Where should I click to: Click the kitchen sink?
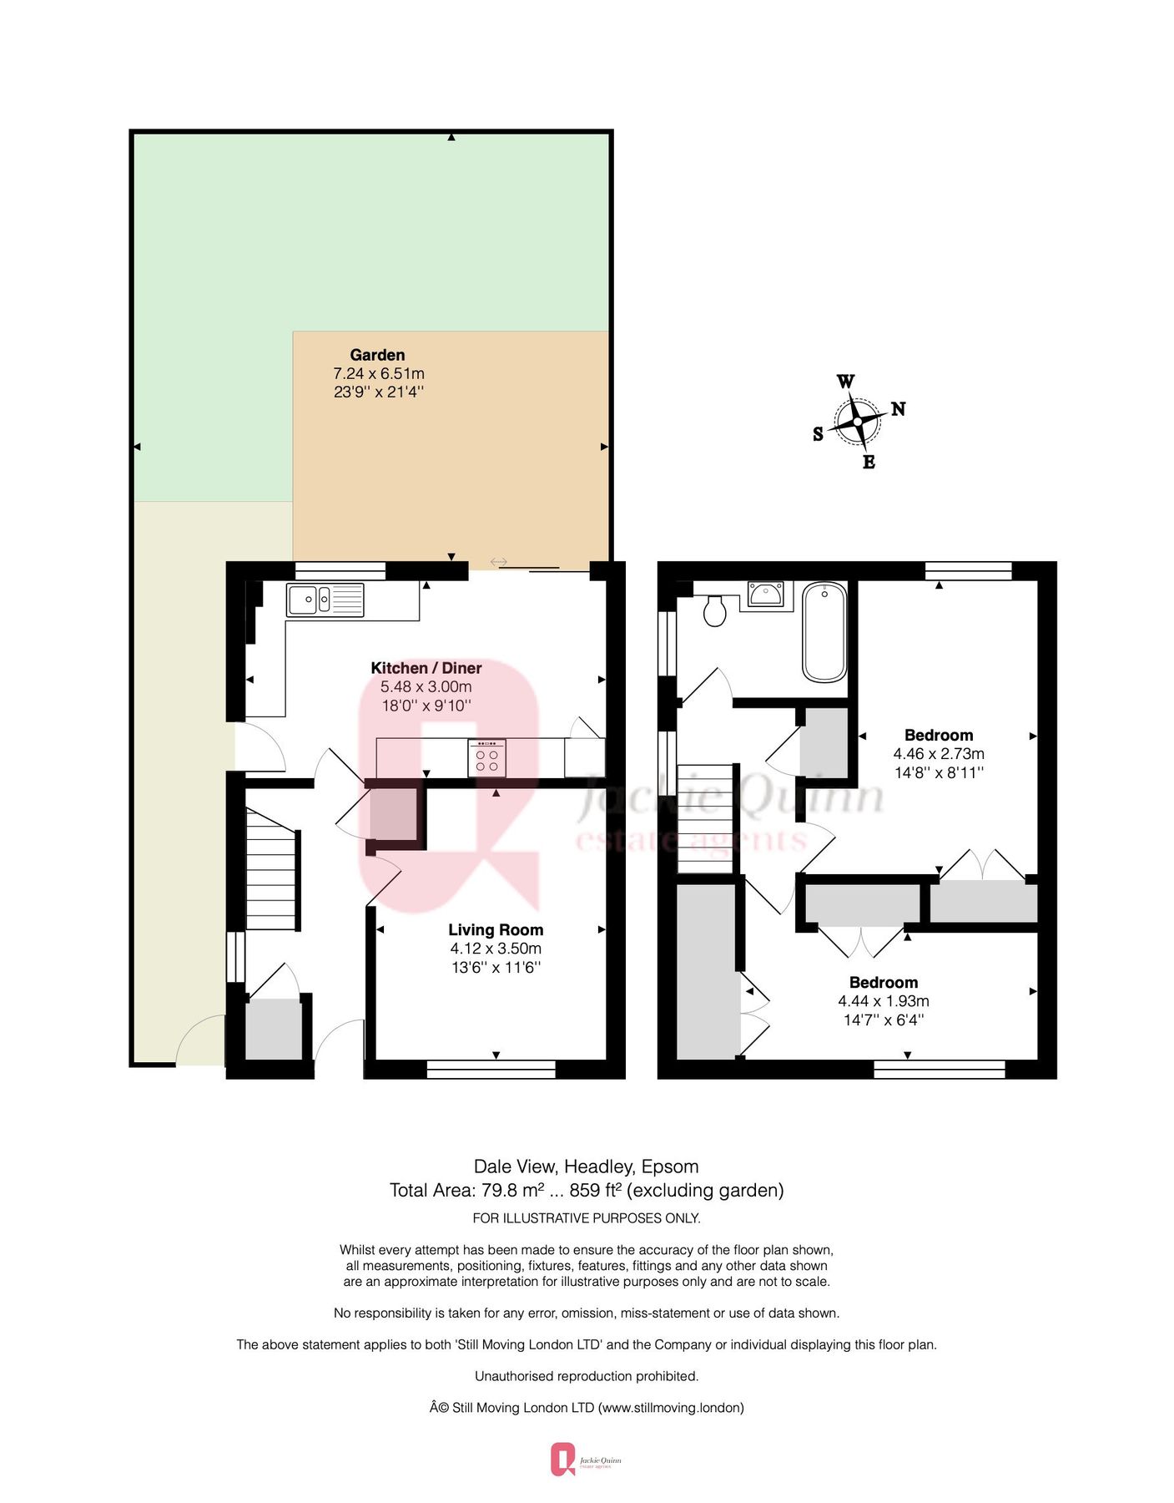(x=325, y=600)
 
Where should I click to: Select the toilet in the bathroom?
(x=715, y=610)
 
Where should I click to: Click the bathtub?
(x=824, y=632)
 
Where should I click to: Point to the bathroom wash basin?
(x=765, y=595)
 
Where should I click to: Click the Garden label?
(x=377, y=355)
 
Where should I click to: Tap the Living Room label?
(x=496, y=929)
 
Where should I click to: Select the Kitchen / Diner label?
(x=426, y=668)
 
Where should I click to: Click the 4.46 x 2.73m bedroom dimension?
(x=939, y=753)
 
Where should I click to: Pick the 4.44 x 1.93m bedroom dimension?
(x=884, y=1000)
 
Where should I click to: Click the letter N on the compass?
(x=898, y=408)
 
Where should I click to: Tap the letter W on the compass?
(x=845, y=382)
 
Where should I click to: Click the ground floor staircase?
(x=272, y=868)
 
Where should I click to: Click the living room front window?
(x=491, y=1069)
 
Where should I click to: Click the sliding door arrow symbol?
(x=498, y=562)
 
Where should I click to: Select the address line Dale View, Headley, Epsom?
(x=586, y=1166)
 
